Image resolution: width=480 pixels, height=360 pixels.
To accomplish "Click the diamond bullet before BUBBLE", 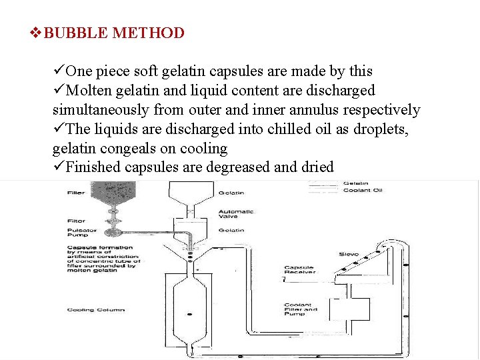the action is [x=39, y=33].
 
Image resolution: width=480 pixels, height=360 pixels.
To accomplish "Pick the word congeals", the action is [x=132, y=148].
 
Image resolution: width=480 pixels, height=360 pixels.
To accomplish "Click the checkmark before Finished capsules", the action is [x=59, y=167].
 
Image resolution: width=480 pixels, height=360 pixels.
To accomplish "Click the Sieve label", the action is [x=349, y=254].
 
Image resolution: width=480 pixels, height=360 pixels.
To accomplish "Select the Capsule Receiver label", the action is [x=299, y=271].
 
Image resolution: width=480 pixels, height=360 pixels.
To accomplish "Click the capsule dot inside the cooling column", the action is [x=190, y=313].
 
